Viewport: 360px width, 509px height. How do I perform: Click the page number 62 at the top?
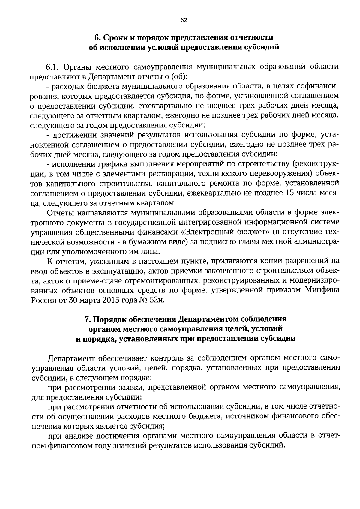click(x=184, y=20)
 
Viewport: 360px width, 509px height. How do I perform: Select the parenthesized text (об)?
click(x=179, y=76)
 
